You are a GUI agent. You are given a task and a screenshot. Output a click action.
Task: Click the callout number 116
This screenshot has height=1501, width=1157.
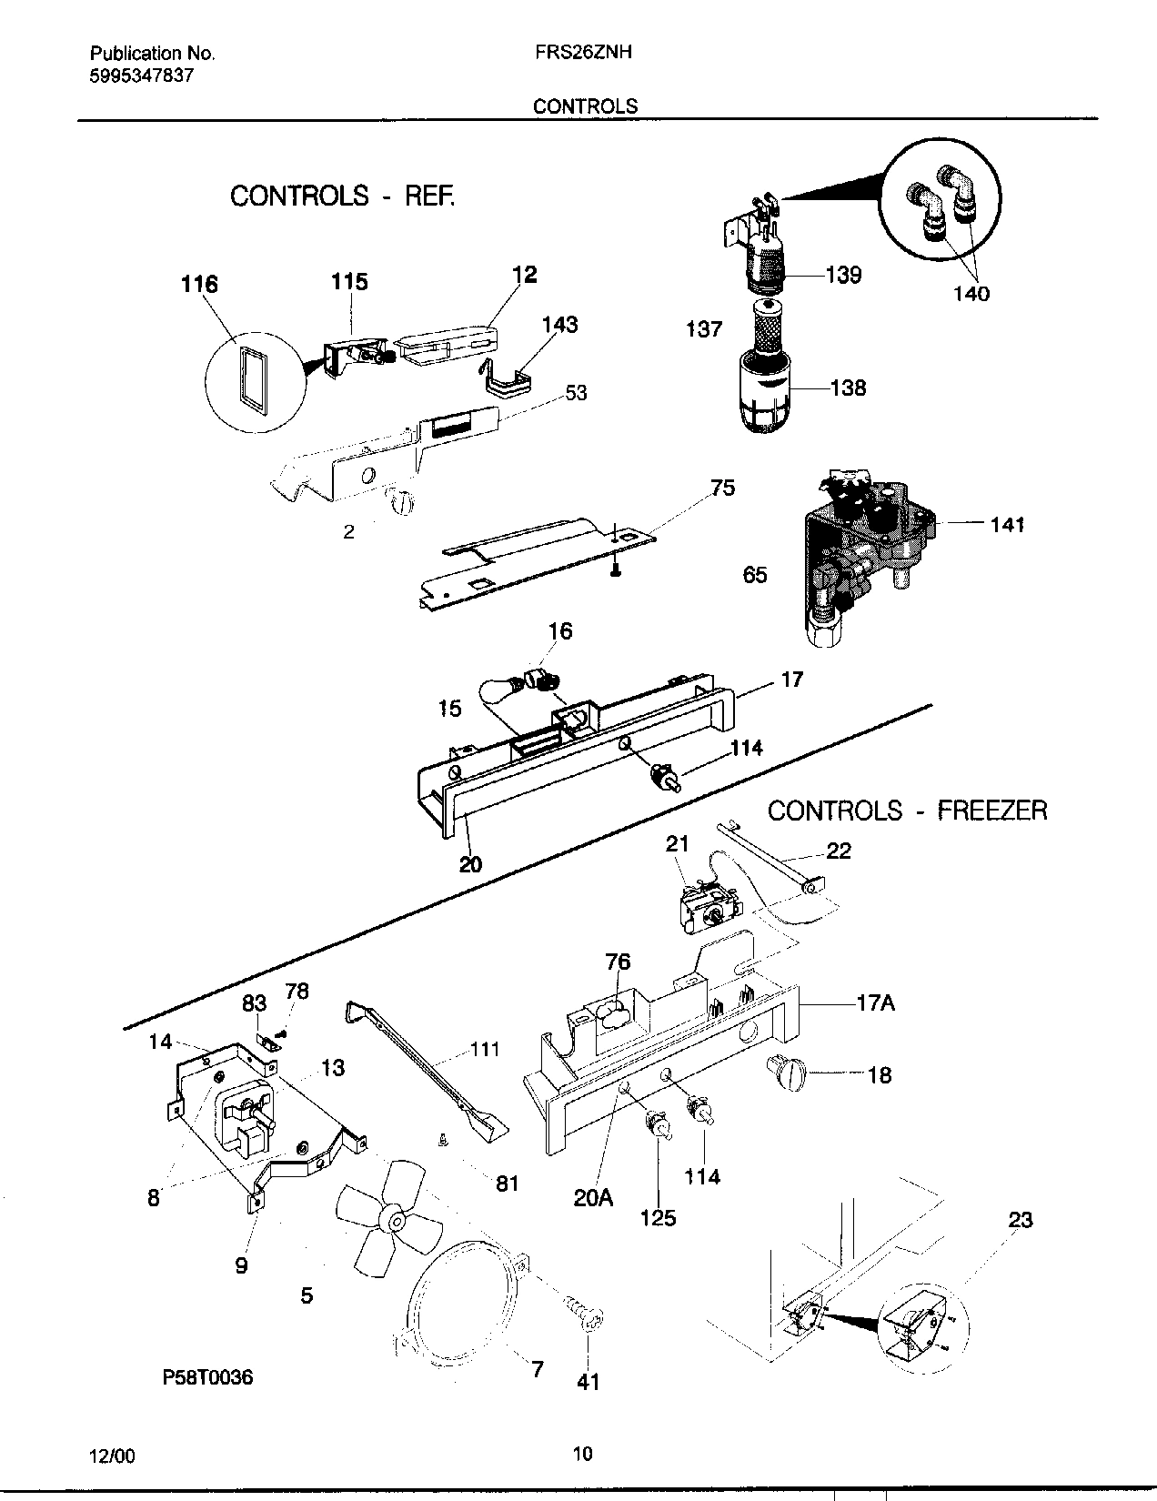click(198, 285)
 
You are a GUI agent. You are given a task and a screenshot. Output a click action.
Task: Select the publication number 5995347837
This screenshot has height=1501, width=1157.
click(141, 76)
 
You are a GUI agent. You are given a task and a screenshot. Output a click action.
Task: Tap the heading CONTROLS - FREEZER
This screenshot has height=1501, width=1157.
click(907, 810)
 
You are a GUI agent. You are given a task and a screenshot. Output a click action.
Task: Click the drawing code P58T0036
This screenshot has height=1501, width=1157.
click(207, 1377)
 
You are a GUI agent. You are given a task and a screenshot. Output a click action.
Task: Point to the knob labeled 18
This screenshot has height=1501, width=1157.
click(787, 1073)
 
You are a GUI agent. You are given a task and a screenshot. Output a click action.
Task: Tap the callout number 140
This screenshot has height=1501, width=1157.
click(971, 294)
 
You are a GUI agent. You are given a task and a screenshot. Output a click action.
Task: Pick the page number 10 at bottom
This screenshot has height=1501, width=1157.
click(583, 1453)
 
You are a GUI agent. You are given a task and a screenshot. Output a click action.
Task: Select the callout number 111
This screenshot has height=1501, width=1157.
click(484, 1050)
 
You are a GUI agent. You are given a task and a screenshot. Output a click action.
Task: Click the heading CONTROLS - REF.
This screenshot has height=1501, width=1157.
click(342, 196)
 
